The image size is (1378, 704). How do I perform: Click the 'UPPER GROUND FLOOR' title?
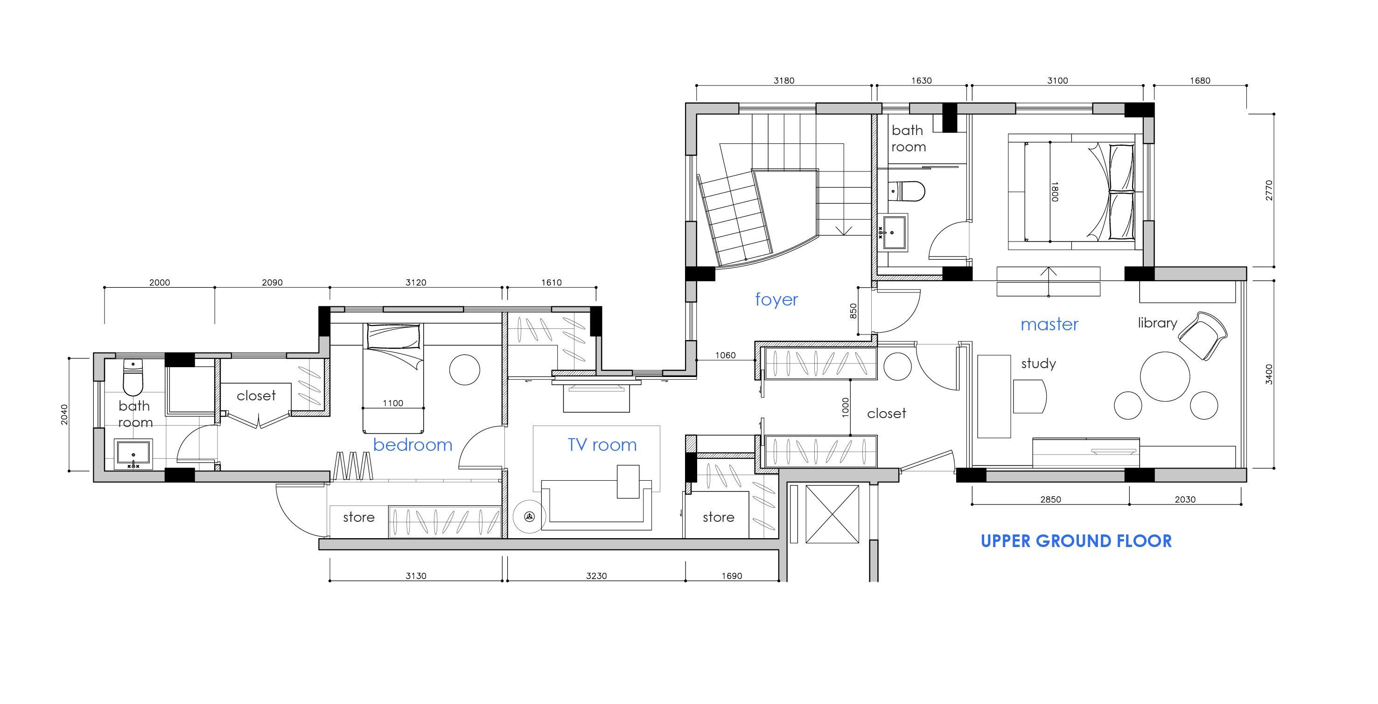click(1076, 540)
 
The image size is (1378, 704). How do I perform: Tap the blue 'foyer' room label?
click(776, 299)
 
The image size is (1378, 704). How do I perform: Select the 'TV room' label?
click(602, 444)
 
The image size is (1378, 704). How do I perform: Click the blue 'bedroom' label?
click(413, 444)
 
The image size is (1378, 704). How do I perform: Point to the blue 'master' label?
click(1049, 324)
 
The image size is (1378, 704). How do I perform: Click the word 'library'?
click(1158, 323)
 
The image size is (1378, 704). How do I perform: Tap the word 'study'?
click(1038, 363)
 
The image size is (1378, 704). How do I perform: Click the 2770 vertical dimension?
click(1269, 190)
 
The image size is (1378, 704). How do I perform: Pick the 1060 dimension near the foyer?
click(725, 355)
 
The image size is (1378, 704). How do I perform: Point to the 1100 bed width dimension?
click(392, 403)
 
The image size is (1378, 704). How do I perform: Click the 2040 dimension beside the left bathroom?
click(64, 414)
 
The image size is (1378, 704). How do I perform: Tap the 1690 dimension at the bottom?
click(732, 576)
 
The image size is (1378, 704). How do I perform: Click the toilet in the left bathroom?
click(133, 377)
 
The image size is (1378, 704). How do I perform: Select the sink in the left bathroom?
click(133, 454)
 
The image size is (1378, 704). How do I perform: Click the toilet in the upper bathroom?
click(907, 191)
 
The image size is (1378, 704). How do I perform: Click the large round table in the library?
click(1165, 377)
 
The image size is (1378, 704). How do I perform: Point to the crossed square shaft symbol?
click(832, 514)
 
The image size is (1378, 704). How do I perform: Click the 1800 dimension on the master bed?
click(1054, 191)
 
